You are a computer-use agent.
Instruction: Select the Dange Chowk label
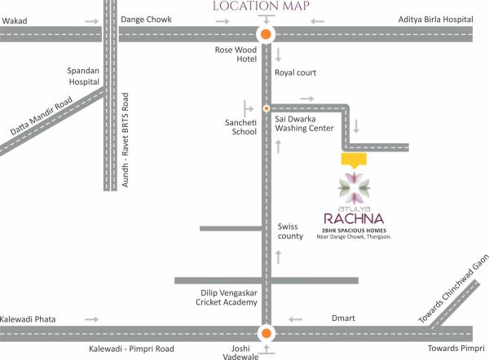[146, 19]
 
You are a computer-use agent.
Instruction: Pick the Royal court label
[297, 73]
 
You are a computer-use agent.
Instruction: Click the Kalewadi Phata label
[28, 318]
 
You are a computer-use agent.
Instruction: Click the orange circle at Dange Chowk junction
[266, 34]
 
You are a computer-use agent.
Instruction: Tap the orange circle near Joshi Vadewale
[266, 332]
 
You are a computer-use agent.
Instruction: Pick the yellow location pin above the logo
[353, 160]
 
